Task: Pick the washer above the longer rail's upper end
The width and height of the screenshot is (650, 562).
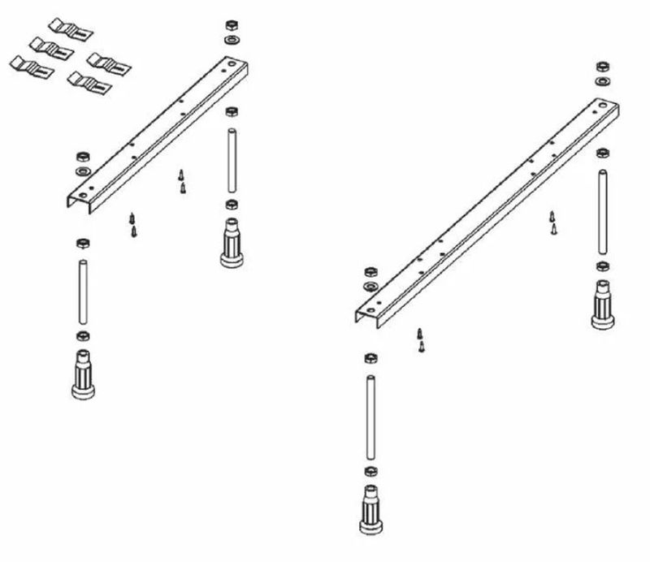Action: click(x=603, y=80)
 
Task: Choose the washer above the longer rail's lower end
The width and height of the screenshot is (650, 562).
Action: click(x=370, y=288)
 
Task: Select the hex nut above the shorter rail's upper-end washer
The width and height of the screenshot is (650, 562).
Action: click(x=231, y=24)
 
